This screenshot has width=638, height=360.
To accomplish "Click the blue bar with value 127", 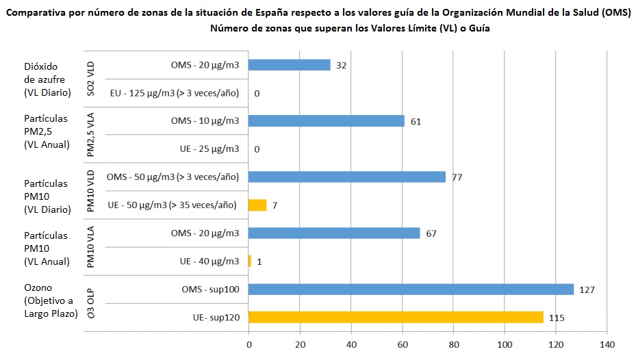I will pyautogui.click(x=411, y=290).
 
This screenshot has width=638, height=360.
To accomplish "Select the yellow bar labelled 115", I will pyautogui.click(x=396, y=318).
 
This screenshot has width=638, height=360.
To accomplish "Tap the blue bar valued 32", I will pyautogui.click(x=289, y=65).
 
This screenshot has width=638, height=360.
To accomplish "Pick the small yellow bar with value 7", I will pyautogui.click(x=257, y=205).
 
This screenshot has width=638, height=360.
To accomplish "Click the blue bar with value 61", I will pyautogui.click(x=326, y=121).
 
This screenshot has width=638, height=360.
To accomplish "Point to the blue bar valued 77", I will pyautogui.click(x=346, y=177).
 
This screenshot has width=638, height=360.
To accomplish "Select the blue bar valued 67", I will pyautogui.click(x=334, y=233).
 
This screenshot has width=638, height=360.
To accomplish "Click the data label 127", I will pyautogui.click(x=587, y=290).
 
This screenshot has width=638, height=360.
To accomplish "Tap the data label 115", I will pyautogui.click(x=557, y=318).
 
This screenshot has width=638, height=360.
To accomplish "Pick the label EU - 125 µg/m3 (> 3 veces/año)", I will pyautogui.click(x=174, y=93).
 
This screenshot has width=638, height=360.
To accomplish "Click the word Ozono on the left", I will pyautogui.click(x=38, y=288).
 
